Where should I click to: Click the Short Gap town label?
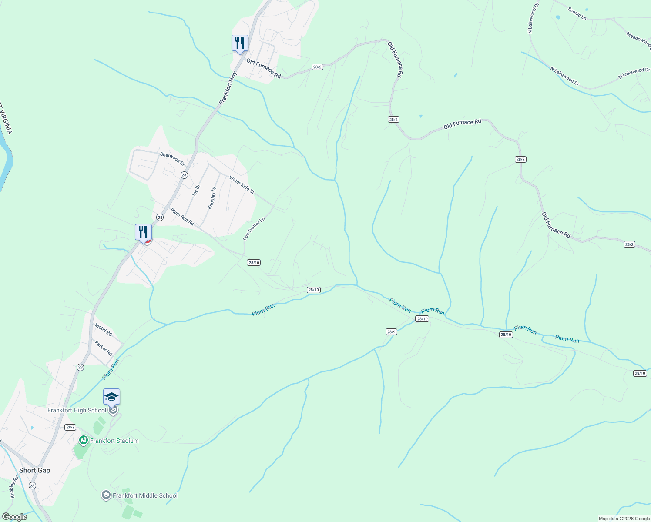click(x=34, y=470)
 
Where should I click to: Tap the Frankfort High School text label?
click(x=77, y=410)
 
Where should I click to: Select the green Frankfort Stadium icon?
click(x=83, y=441)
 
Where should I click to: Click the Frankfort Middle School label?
click(x=145, y=495)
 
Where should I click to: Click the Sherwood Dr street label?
click(x=172, y=159)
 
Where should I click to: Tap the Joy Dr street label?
click(x=196, y=191)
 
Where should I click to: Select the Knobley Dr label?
click(x=212, y=198)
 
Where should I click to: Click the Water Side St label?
click(x=242, y=185)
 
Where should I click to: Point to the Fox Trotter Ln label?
click(x=254, y=229)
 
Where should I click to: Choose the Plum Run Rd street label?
click(x=182, y=217)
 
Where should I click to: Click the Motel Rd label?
click(x=103, y=330)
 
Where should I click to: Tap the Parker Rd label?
click(x=104, y=348)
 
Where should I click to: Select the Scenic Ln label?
click(x=577, y=13)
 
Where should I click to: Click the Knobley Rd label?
click(x=13, y=487)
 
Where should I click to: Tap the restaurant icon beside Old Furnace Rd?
click(x=240, y=43)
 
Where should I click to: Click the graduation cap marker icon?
click(x=111, y=397)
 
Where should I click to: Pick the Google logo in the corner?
click(x=14, y=517)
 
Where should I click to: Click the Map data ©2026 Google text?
click(x=624, y=519)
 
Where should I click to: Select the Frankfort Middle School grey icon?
click(x=106, y=495)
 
